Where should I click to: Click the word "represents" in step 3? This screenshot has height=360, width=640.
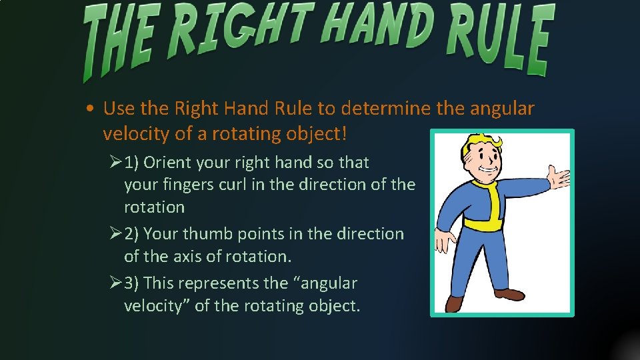point(219,283)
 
